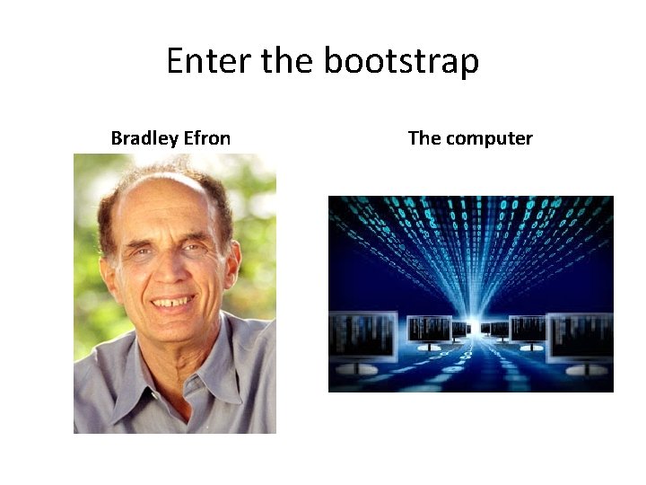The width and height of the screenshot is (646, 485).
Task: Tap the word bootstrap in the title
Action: [401, 61]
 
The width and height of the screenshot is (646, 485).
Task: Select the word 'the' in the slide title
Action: [288, 61]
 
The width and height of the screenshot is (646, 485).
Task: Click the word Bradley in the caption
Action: [144, 138]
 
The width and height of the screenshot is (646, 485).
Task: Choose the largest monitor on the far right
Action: [581, 337]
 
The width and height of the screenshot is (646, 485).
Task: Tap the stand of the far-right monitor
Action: [580, 368]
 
